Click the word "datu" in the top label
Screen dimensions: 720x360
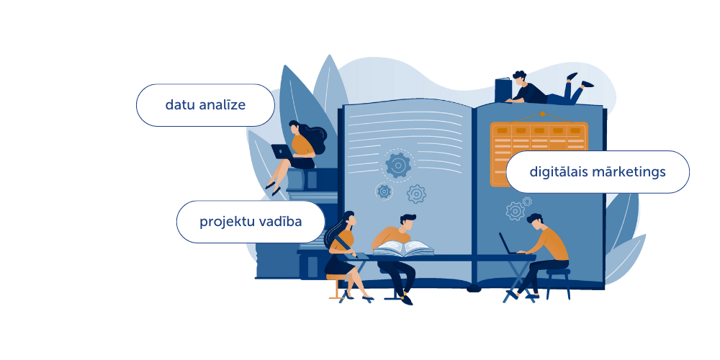[x=181, y=105]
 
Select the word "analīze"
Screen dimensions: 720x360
[x=222, y=105]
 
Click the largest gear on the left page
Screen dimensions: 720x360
[x=397, y=166]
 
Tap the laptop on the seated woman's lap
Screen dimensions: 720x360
[x=282, y=151]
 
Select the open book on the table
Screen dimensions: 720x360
[x=403, y=248]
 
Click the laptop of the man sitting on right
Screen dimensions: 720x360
[x=508, y=243]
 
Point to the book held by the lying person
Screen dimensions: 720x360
[x=503, y=90]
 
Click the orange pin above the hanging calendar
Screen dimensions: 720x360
[x=542, y=114]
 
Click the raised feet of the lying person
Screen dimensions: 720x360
[x=580, y=80]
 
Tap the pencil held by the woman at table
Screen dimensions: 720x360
[x=346, y=246]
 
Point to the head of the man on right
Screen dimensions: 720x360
[x=535, y=221]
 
